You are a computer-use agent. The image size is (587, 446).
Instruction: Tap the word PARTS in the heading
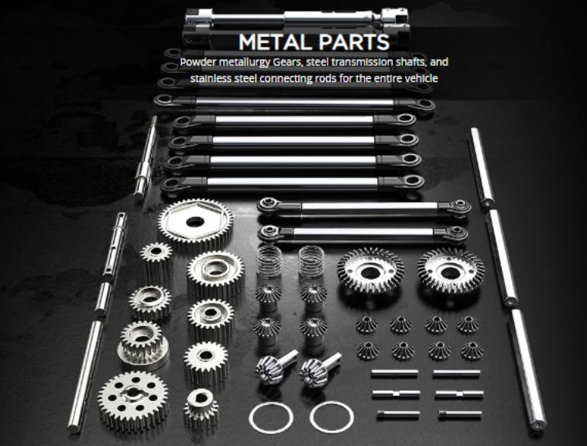(350, 42)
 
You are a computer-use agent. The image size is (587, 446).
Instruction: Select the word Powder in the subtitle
(198, 62)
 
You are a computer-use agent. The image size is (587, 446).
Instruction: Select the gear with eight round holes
(133, 400)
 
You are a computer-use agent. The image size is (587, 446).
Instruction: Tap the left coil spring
(269, 262)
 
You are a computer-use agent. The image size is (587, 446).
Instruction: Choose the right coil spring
(311, 262)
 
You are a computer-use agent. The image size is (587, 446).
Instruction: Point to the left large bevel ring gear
(370, 270)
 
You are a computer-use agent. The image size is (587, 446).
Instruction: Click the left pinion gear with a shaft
(275, 366)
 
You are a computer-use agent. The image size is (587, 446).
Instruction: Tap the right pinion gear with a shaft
(318, 369)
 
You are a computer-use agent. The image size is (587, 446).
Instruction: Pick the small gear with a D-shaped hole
(201, 409)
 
